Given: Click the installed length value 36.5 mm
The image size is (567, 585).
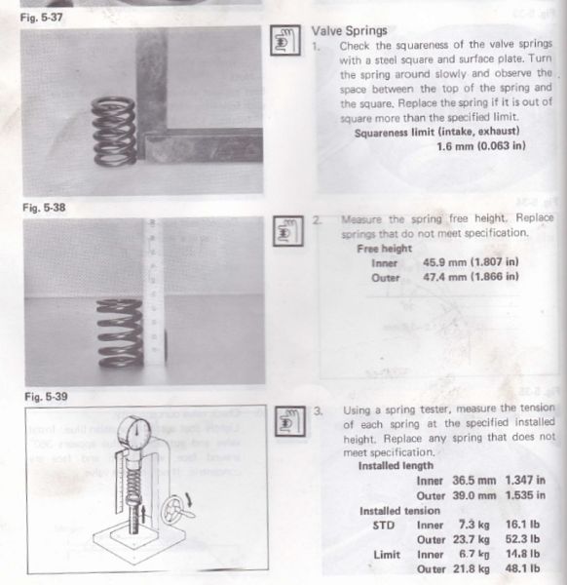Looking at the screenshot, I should pos(468,480).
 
